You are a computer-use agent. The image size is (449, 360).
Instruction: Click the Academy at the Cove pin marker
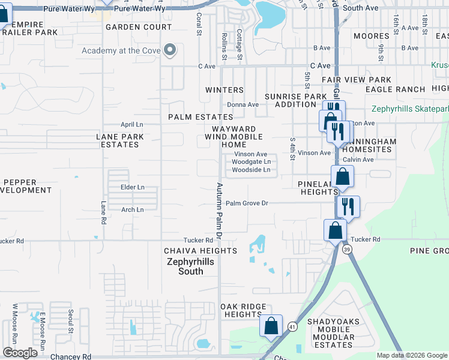[170, 50]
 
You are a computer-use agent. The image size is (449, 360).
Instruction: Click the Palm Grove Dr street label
[246, 203]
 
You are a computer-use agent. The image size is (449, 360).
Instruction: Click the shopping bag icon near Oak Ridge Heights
[271, 326]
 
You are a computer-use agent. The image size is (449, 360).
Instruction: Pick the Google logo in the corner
[20, 353]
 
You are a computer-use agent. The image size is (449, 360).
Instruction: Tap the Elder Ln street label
[132, 187]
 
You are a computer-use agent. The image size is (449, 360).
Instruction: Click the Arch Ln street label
[132, 210]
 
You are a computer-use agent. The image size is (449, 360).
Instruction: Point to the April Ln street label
[132, 124]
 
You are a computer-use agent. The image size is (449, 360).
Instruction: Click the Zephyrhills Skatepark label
[410, 109]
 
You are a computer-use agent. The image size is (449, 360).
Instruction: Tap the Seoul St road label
[70, 321]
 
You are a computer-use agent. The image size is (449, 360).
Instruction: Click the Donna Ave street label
[243, 104]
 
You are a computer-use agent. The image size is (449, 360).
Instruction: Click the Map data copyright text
[411, 356]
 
